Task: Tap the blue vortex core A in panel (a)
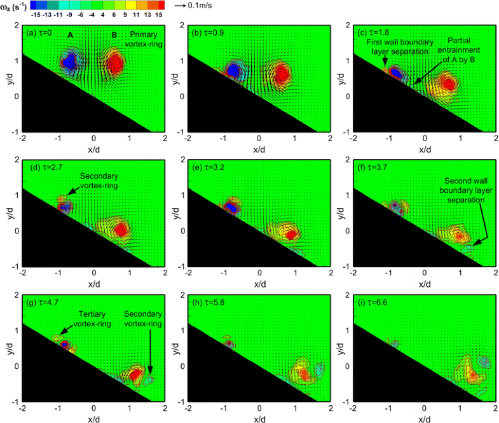point(69,62)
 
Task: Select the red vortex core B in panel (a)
point(114,62)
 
